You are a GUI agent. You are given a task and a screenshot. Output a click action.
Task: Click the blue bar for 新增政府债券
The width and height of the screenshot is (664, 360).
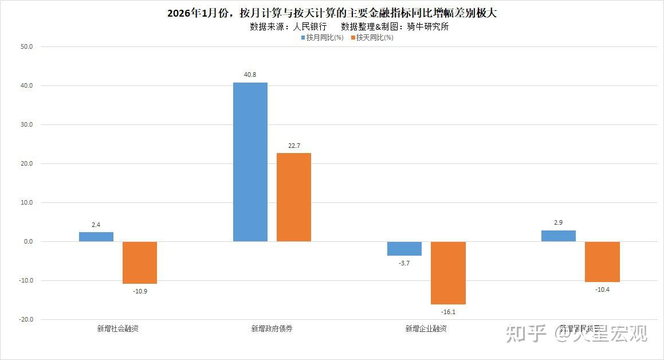(250, 162)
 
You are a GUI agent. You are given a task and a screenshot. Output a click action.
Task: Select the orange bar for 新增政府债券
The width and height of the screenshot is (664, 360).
(294, 197)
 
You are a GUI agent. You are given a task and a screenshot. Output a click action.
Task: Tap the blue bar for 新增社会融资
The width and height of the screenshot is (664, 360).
(96, 237)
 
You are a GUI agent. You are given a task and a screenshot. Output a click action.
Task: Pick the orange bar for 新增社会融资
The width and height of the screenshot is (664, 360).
(140, 263)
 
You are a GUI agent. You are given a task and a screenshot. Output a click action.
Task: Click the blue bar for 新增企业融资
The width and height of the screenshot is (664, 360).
(404, 248)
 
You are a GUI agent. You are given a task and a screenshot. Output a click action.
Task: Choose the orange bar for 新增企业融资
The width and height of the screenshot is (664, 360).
(448, 273)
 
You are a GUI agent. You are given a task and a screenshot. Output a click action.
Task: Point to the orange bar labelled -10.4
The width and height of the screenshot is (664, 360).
(602, 261)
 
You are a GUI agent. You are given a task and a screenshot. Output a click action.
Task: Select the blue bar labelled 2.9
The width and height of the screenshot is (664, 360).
(559, 236)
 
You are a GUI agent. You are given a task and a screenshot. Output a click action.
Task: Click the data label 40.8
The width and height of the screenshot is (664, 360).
(250, 75)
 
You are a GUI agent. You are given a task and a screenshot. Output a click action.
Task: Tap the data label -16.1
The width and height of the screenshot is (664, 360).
(448, 312)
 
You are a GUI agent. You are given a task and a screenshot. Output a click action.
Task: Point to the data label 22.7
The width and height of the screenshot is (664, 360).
(294, 146)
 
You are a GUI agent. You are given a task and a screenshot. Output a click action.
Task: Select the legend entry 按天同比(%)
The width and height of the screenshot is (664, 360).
(375, 38)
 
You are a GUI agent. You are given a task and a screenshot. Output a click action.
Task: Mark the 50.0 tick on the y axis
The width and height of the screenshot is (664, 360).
(26, 47)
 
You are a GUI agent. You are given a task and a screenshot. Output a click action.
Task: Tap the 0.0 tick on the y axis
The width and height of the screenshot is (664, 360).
(27, 241)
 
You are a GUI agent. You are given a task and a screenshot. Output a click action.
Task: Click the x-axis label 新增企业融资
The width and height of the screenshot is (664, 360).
(426, 329)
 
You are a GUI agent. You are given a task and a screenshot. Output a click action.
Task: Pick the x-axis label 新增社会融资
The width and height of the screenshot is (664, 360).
(117, 329)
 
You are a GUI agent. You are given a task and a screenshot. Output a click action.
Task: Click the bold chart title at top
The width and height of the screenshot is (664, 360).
(332, 13)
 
